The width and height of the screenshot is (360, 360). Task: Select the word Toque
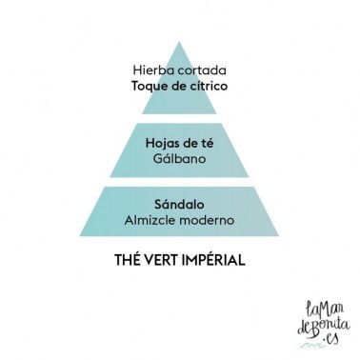click(x=148, y=87)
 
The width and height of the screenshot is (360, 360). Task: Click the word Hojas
click(x=162, y=144)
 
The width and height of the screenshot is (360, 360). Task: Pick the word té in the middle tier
click(x=208, y=143)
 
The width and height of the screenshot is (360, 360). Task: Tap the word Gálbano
click(x=179, y=158)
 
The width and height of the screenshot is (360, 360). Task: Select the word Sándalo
click(x=179, y=204)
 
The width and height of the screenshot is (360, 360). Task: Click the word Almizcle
click(x=150, y=220)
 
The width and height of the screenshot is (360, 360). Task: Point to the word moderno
click(x=207, y=220)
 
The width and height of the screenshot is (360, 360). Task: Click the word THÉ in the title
click(x=127, y=260)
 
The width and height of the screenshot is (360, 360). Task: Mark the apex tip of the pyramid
click(x=179, y=42)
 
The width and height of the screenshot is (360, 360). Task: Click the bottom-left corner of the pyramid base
click(x=80, y=236)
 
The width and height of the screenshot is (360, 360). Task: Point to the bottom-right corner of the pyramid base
click(x=278, y=236)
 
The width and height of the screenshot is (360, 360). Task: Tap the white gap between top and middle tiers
click(x=179, y=118)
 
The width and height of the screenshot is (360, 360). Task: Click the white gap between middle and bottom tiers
click(x=179, y=182)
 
